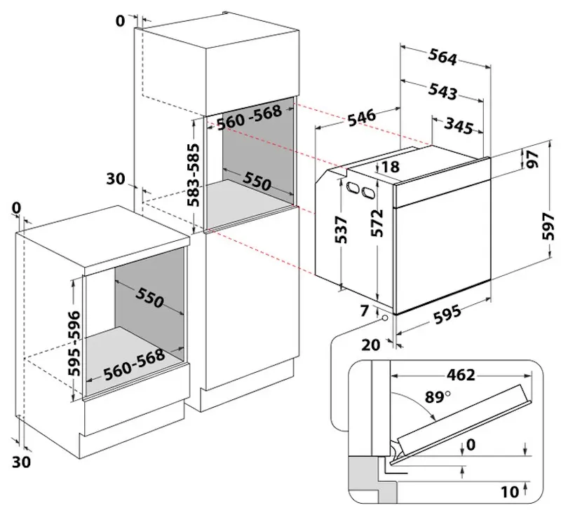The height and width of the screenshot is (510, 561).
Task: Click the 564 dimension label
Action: point(442,57)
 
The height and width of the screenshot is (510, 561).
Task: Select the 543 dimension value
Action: point(443,91)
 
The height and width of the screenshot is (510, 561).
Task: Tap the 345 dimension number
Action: point(459,126)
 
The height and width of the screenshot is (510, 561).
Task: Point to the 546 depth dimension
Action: point(362,118)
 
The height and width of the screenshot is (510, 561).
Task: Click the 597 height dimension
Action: point(548,226)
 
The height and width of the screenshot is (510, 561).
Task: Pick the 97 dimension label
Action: point(532,160)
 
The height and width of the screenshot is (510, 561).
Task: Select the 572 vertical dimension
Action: point(377,223)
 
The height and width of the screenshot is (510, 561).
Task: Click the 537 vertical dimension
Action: point(341,230)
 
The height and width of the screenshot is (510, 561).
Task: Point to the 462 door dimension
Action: point(461,375)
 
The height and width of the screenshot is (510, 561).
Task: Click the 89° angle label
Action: point(438,397)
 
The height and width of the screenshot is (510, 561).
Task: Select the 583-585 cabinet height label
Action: point(194,175)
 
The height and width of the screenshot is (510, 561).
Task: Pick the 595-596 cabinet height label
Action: point(74,343)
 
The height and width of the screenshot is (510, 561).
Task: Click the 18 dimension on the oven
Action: point(391,167)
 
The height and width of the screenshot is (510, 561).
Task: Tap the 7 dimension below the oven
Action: point(364,311)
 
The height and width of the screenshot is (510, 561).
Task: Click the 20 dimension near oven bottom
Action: point(371,345)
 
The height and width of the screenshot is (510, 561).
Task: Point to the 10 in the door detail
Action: point(511,492)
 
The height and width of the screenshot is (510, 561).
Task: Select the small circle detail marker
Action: point(385,318)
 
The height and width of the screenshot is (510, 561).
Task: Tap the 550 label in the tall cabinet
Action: point(257,181)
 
